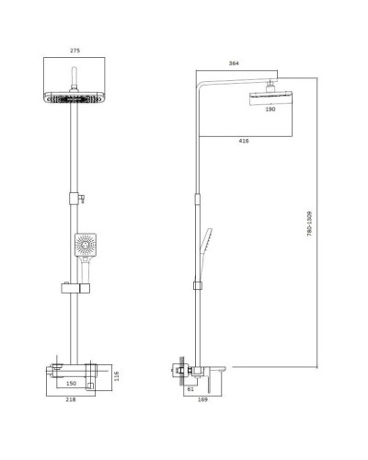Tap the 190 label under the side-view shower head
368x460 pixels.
(270, 109)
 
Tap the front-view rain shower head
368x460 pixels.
(74, 100)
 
